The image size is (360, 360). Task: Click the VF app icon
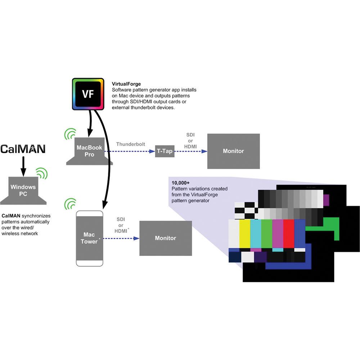click(x=88, y=94)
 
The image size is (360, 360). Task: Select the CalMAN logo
click(x=23, y=149)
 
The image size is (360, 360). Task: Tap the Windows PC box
click(x=23, y=190)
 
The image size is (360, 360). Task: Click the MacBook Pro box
click(x=89, y=151)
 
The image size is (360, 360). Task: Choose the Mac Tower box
click(x=89, y=238)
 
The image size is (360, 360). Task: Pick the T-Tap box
click(x=165, y=151)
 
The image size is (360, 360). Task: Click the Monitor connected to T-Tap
click(x=233, y=151)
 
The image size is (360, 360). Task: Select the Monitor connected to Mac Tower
click(x=165, y=238)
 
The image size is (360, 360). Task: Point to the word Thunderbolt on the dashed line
click(x=131, y=144)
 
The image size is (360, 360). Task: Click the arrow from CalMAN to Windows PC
click(x=23, y=165)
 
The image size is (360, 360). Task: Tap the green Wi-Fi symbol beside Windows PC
click(x=42, y=174)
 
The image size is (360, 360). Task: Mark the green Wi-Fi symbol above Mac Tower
click(x=69, y=203)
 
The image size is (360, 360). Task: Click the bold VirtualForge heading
click(x=126, y=84)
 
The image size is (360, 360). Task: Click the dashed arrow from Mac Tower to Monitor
click(x=121, y=238)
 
